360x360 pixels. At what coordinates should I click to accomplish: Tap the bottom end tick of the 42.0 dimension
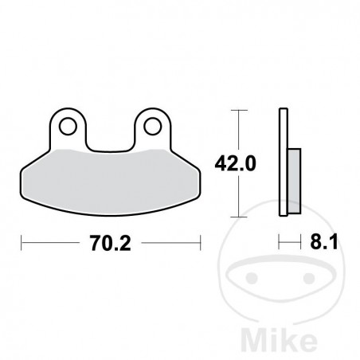pyautogui.click(x=235, y=216)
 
